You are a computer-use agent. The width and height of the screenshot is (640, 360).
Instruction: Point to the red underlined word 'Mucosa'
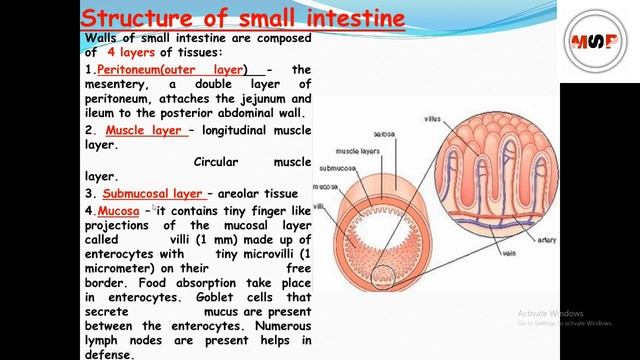pyautogui.click(x=118, y=211)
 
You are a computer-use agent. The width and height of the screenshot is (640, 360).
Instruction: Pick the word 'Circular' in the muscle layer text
pyautogui.click(x=217, y=161)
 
